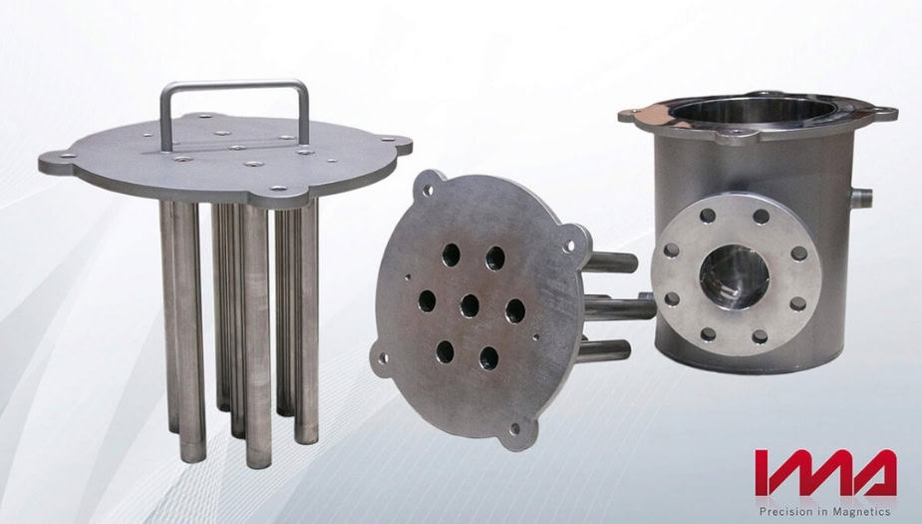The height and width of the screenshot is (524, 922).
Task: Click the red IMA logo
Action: pyautogui.click(x=825, y=473)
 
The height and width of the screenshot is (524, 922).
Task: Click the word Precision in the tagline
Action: pyautogui.click(x=782, y=511)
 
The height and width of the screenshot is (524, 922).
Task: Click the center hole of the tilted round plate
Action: pyautogui.click(x=469, y=305)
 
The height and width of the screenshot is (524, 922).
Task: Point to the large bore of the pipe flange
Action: pyautogui.click(x=734, y=276)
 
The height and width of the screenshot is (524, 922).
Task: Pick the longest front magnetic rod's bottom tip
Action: pyautogui.click(x=259, y=462)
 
